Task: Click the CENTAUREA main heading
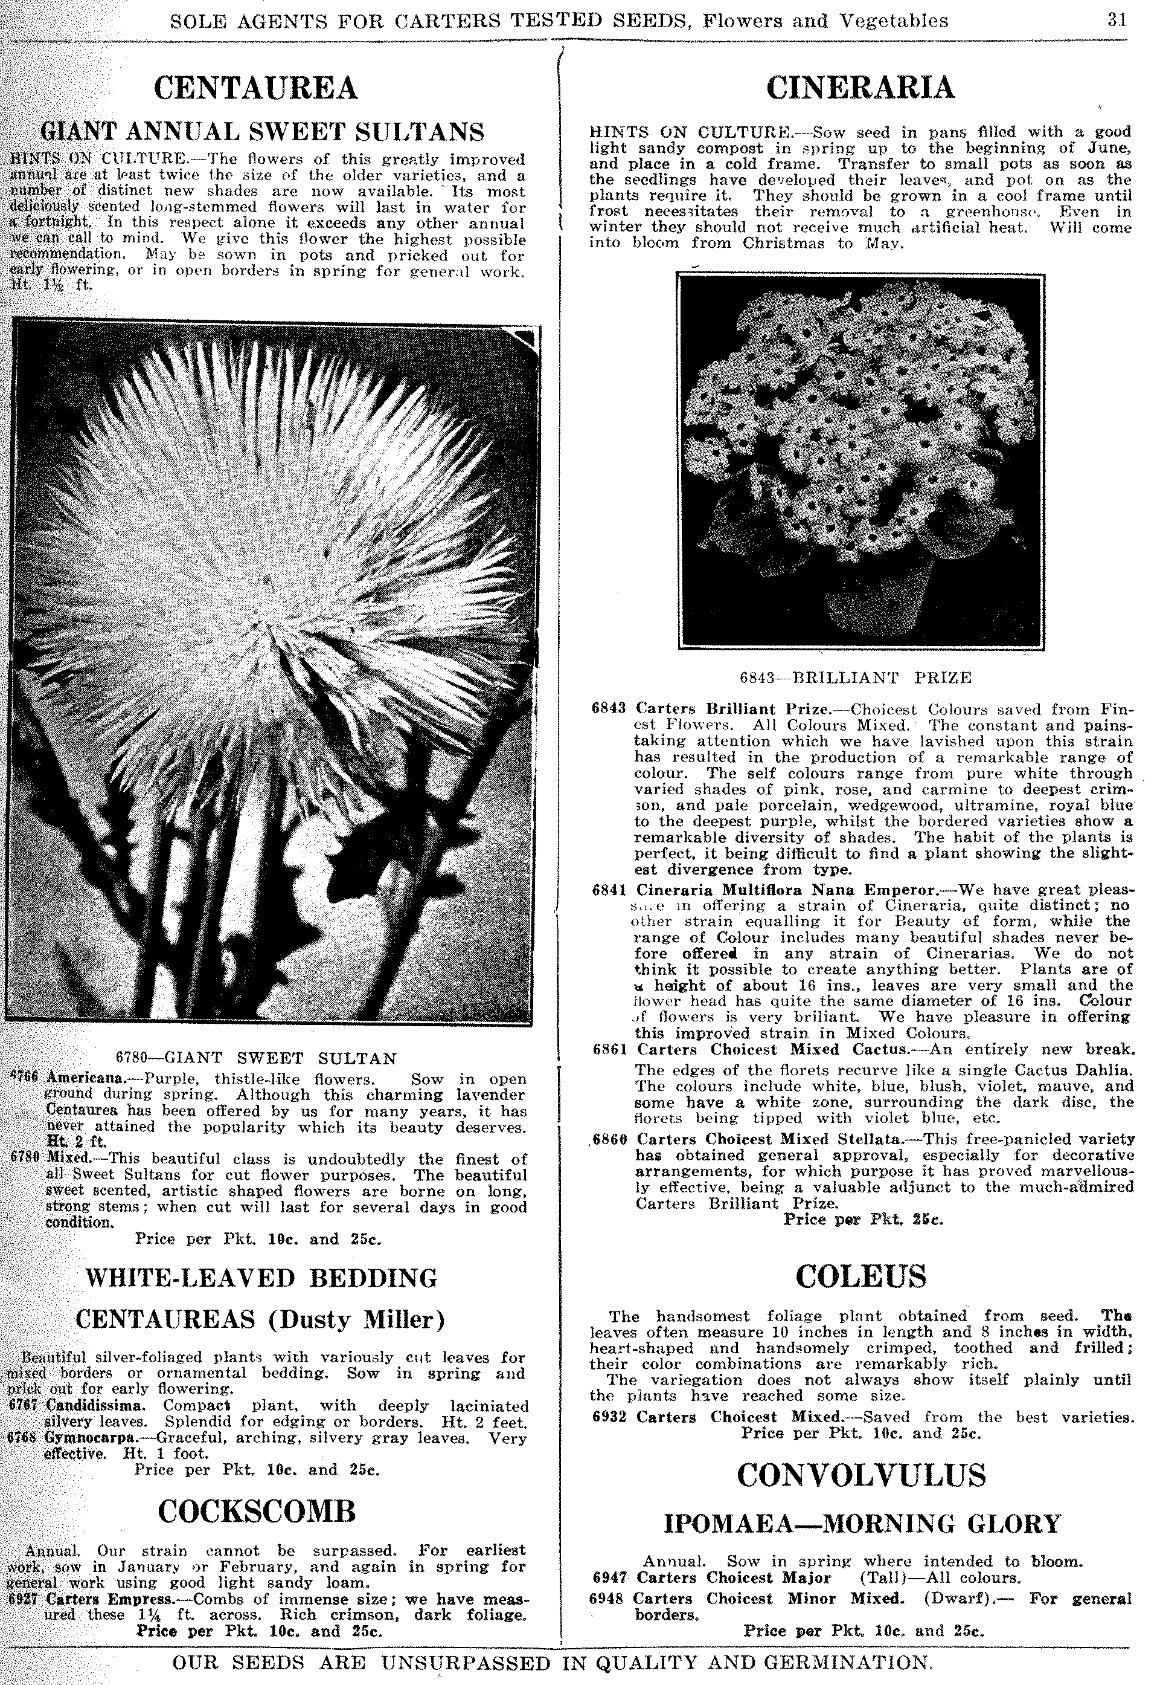256,88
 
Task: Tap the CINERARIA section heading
860,88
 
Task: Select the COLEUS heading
861,1276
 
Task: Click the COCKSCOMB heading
257,1511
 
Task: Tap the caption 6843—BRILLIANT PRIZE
856,678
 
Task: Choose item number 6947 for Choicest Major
609,1577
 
